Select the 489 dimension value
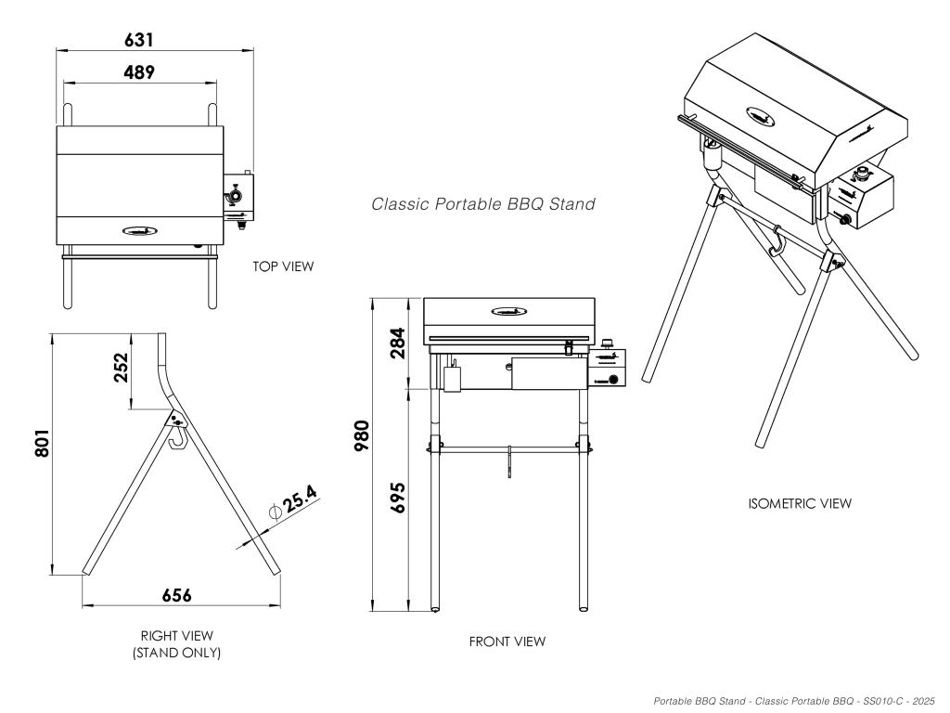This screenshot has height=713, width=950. (x=139, y=71)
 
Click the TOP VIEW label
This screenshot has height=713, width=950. (x=283, y=266)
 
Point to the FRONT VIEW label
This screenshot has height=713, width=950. (x=507, y=642)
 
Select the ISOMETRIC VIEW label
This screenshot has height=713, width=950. (x=799, y=503)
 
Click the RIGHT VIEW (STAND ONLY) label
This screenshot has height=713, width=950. (x=176, y=644)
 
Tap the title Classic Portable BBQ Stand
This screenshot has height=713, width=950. (x=483, y=203)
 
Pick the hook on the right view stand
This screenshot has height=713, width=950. (x=175, y=434)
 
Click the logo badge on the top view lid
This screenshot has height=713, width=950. (x=140, y=229)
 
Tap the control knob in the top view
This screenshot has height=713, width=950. (x=235, y=197)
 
